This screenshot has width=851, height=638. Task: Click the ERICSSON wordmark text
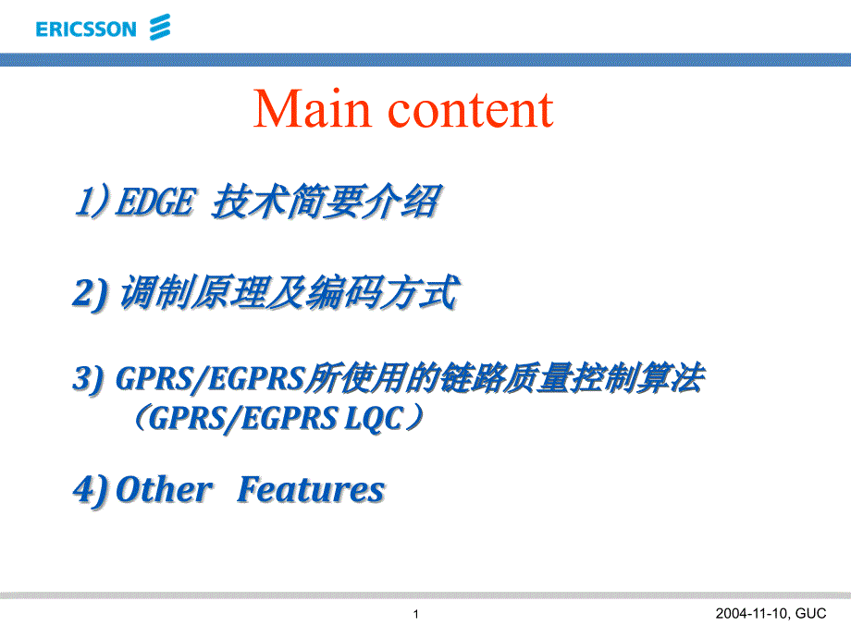86,30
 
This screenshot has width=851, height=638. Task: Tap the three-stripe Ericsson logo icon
160,27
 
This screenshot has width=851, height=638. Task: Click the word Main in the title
312,109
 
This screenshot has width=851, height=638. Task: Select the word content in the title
471,110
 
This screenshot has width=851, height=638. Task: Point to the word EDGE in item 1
155,202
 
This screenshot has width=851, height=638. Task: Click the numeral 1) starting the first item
92,202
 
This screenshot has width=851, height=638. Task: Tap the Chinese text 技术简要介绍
327,202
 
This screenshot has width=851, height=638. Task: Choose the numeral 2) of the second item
90,293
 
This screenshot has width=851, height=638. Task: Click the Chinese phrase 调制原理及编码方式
290,292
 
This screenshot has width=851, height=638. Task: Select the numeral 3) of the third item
89,378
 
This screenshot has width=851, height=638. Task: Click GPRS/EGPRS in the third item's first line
210,378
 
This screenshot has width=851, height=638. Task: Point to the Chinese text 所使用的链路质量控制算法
505,377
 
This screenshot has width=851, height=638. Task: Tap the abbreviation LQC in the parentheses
375,419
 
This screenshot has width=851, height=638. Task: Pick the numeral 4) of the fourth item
92,490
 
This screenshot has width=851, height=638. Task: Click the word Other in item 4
164,489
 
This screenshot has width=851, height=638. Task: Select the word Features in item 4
311,489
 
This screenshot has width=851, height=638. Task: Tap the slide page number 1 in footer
415,614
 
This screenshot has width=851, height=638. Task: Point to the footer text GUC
811,614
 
